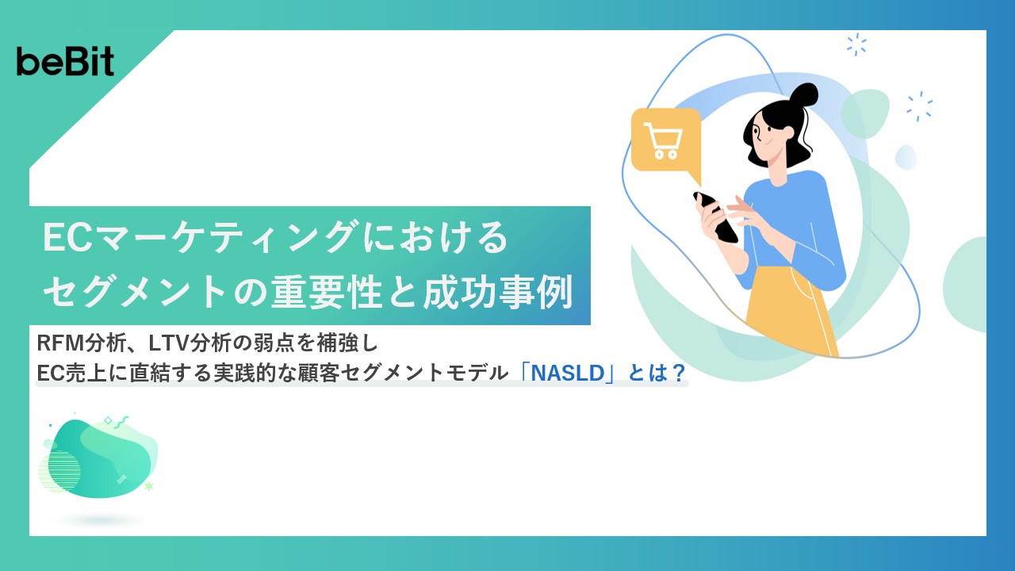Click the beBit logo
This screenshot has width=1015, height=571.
pyautogui.click(x=65, y=61)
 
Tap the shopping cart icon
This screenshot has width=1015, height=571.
pyautogui.click(x=665, y=140)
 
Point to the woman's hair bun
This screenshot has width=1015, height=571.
pyautogui.click(x=802, y=97)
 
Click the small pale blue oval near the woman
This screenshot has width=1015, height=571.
pyautogui.click(x=906, y=157)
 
